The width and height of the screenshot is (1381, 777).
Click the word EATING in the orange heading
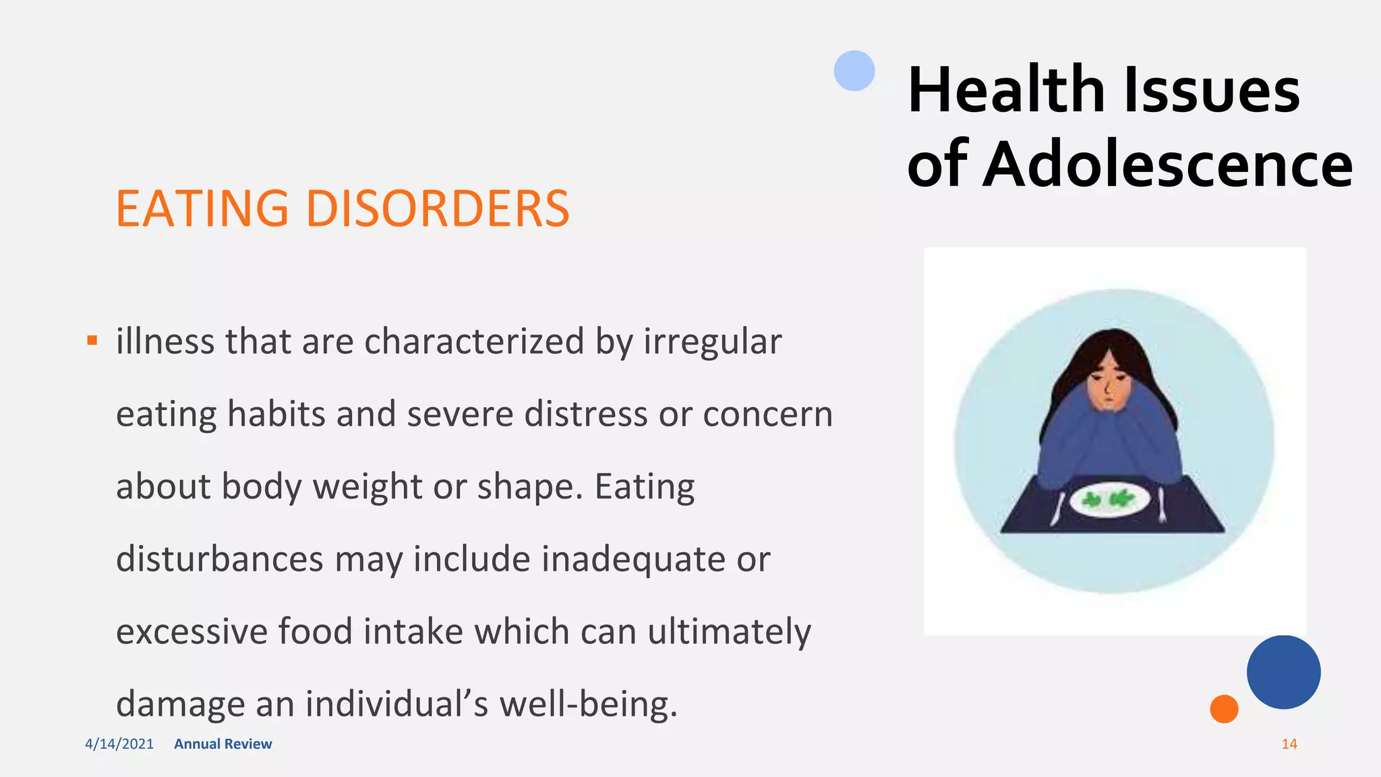click(202, 208)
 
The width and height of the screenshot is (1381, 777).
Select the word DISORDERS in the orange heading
click(438, 208)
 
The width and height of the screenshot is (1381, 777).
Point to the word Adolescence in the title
click(1167, 165)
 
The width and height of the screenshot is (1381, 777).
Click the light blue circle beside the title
click(854, 71)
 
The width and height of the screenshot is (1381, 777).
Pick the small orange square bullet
click(92, 341)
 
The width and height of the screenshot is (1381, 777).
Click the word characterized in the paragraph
click(474, 341)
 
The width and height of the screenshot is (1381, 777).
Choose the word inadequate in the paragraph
click(633, 559)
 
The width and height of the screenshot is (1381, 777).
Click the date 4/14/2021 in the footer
click(119, 744)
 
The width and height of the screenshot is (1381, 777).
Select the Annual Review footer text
click(223, 744)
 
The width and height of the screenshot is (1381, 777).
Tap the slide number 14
click(1289, 744)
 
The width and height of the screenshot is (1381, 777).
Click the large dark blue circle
click(1283, 672)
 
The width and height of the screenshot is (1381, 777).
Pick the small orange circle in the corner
click(1224, 709)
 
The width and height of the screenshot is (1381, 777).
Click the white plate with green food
click(1109, 500)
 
